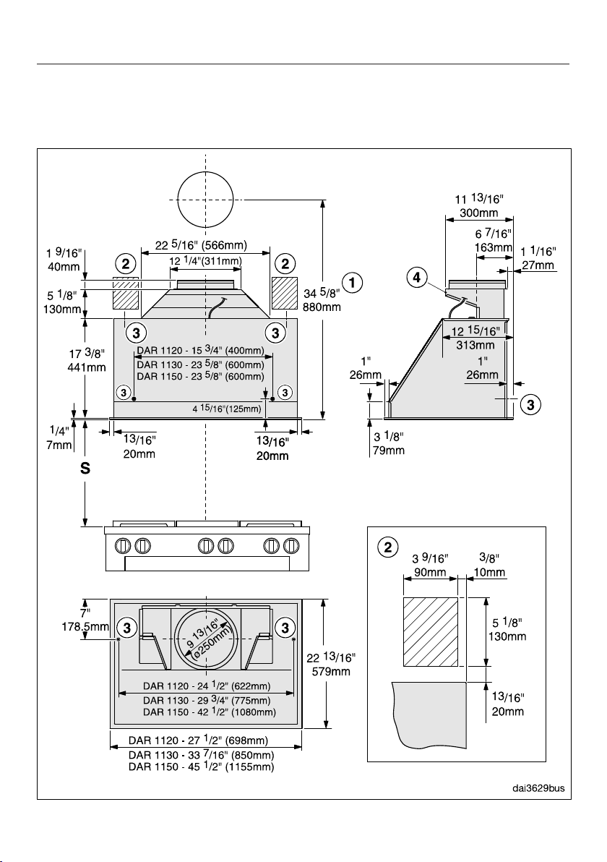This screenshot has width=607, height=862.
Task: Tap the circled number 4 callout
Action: (x=417, y=278)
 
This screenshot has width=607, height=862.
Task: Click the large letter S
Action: (x=85, y=469)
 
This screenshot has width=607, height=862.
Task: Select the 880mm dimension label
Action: (x=322, y=307)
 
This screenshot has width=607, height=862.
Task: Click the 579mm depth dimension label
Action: (x=332, y=671)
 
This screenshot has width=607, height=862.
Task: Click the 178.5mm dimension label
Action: (x=85, y=626)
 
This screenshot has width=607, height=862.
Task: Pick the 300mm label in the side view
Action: (x=478, y=213)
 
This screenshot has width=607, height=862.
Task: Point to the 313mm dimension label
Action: (x=475, y=345)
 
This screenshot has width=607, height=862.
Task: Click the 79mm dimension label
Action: (x=389, y=451)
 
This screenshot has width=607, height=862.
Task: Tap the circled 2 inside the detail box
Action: (x=388, y=548)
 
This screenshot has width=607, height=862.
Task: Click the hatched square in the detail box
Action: (x=431, y=631)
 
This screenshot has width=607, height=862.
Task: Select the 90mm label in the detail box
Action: (x=430, y=572)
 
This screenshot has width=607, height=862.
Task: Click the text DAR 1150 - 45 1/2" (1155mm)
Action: (x=201, y=767)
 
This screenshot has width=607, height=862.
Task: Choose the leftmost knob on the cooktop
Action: (x=123, y=546)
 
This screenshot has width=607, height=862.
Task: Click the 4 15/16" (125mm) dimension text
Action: (x=226, y=409)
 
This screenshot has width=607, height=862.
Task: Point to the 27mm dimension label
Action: (x=538, y=265)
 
